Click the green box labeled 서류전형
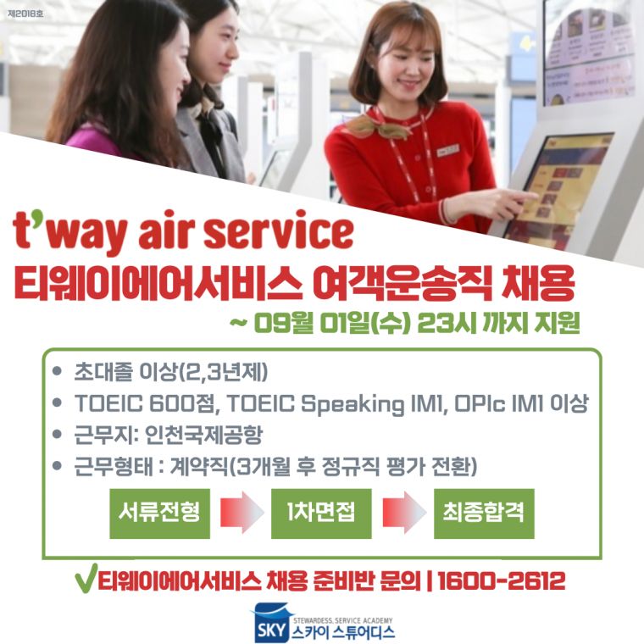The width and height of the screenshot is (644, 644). (x=159, y=514)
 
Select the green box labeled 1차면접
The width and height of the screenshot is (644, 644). (x=321, y=514)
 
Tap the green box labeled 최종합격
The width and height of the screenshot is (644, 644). (x=484, y=514)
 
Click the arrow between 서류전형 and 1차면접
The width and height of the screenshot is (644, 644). (x=241, y=513)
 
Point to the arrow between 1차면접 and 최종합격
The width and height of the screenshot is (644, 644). (x=404, y=513)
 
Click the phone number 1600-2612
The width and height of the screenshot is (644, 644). (x=502, y=580)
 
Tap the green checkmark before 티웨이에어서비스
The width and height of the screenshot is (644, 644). (x=86, y=577)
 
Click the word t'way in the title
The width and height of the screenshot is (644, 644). (x=69, y=233)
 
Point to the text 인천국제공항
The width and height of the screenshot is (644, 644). (x=203, y=435)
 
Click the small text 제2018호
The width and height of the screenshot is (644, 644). (x=25, y=14)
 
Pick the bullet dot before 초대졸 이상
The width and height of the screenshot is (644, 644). (x=57, y=371)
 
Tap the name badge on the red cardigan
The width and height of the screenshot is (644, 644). (x=447, y=150)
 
